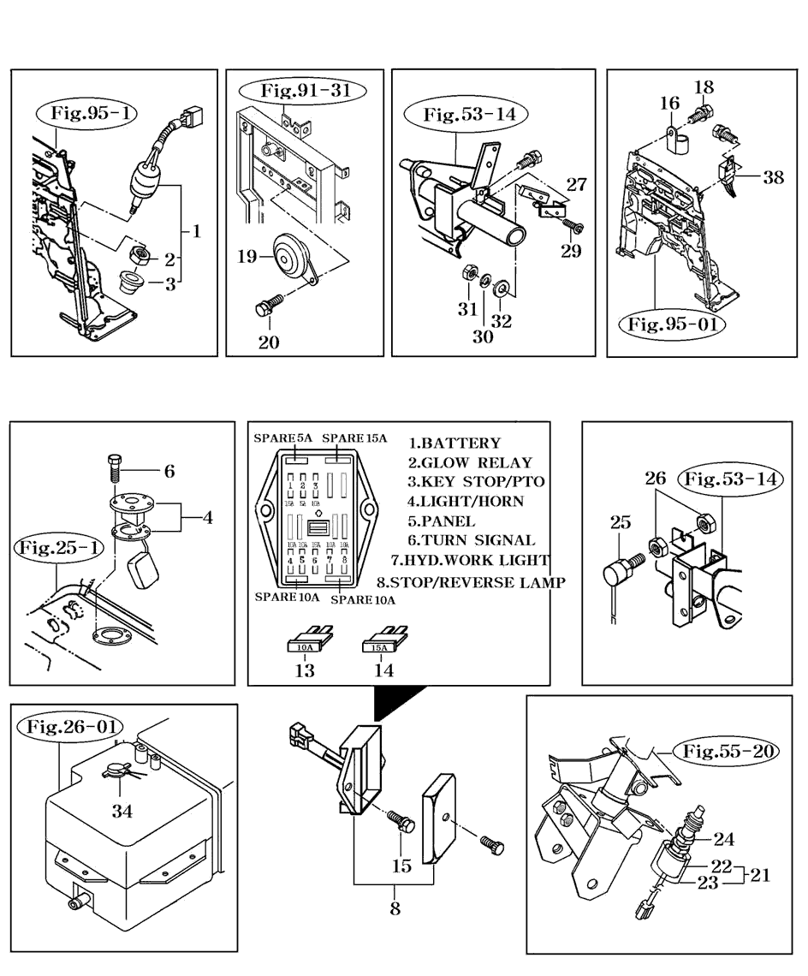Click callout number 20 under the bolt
click(269, 342)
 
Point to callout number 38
click(773, 177)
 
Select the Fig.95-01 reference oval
click(672, 324)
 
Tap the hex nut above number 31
click(468, 275)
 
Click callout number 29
click(570, 250)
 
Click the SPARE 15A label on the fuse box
click(354, 438)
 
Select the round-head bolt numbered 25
click(621, 568)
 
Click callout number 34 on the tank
click(122, 810)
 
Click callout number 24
click(723, 839)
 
